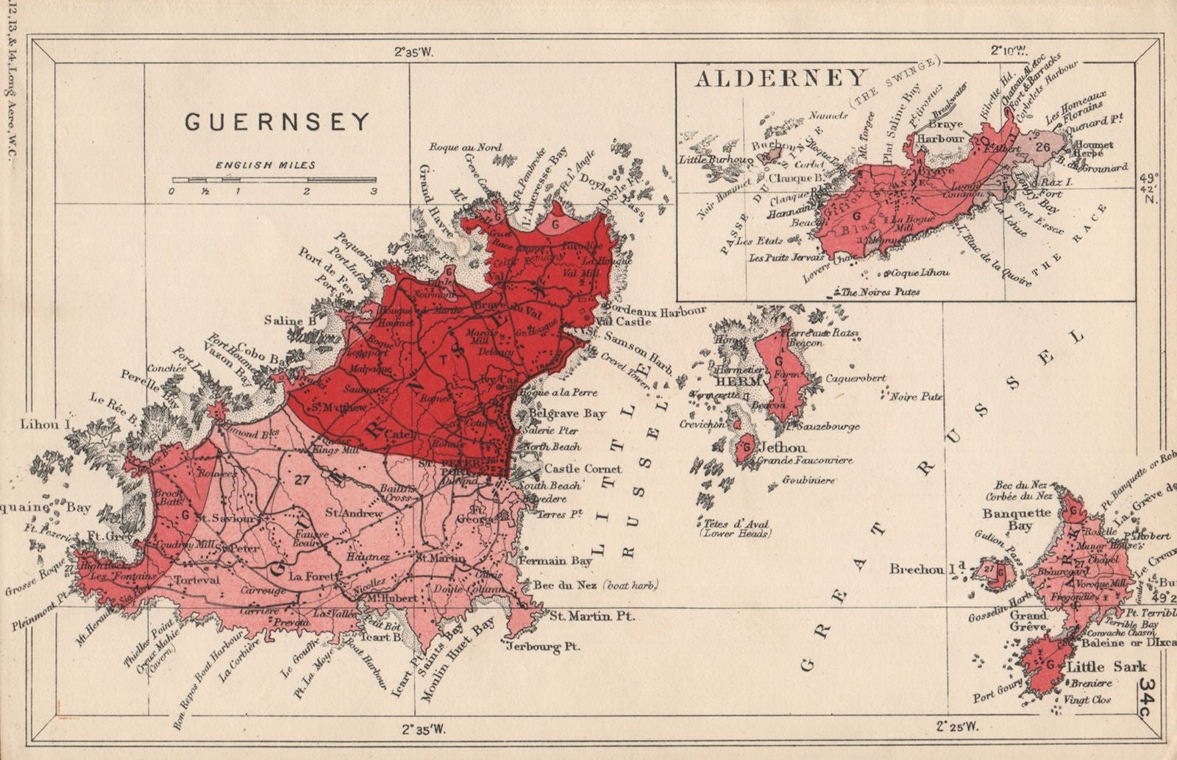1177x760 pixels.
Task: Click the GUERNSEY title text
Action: pyautogui.click(x=277, y=122)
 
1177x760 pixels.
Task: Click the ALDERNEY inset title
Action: pyautogui.click(x=780, y=78)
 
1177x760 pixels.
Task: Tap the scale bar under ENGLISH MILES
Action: pyautogui.click(x=274, y=179)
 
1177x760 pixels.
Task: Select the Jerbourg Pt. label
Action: pyautogui.click(x=543, y=647)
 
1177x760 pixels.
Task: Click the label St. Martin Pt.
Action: pyautogui.click(x=592, y=617)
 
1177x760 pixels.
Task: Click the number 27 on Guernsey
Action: pyautogui.click(x=300, y=480)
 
